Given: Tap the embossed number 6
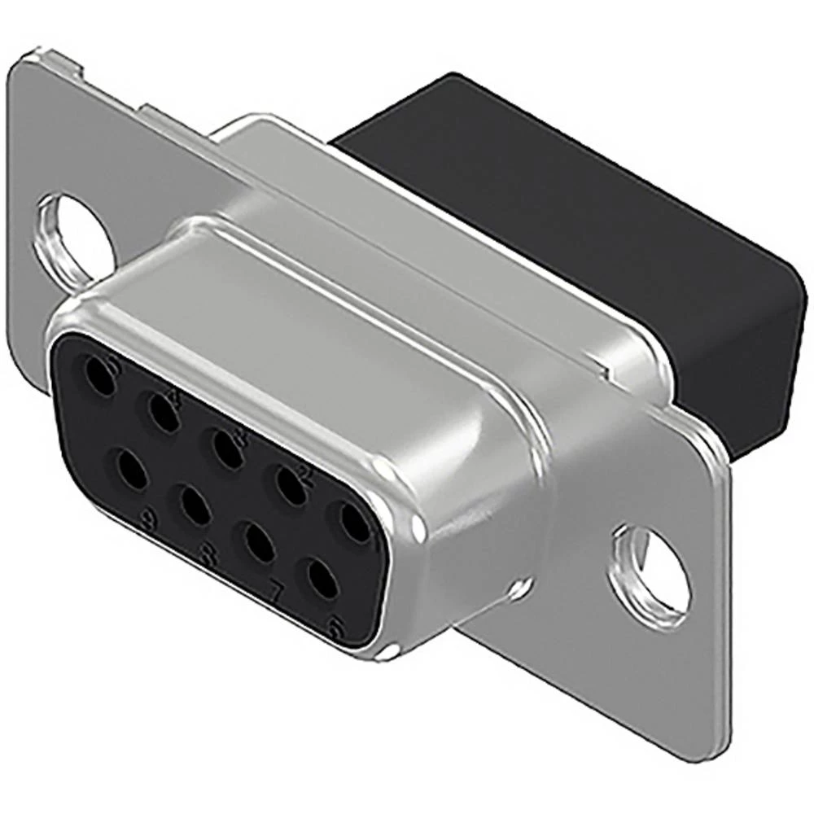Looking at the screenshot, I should point(332,625).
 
